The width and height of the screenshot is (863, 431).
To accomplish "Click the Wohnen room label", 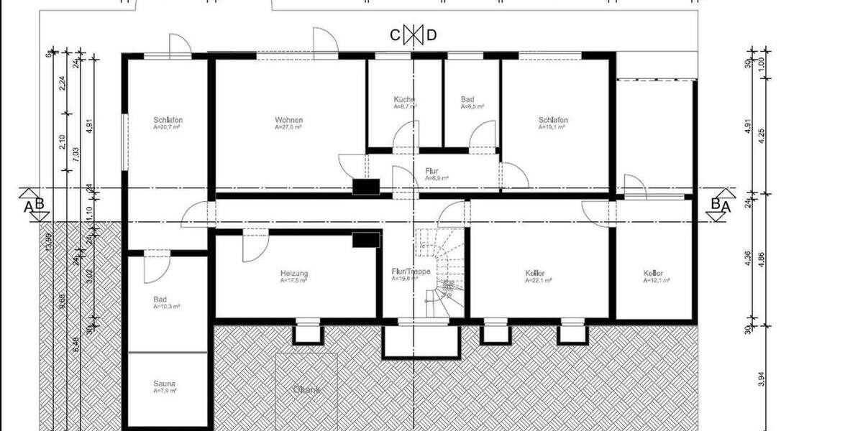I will click(x=288, y=120).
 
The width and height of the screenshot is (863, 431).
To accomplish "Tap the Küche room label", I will click(x=403, y=99).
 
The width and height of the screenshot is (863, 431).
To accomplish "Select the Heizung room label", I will click(x=294, y=274).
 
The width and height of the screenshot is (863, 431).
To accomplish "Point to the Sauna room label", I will click(x=165, y=384).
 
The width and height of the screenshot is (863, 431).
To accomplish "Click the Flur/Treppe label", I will click(x=411, y=272).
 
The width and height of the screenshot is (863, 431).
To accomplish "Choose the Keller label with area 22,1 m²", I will click(x=535, y=274).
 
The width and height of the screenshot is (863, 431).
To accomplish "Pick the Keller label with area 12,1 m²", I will click(x=653, y=274).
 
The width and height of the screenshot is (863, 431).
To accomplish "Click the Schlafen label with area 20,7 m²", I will click(x=168, y=120).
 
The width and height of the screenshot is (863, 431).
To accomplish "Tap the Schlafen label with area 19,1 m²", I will click(x=553, y=120).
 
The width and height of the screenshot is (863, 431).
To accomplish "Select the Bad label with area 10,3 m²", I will click(x=160, y=299).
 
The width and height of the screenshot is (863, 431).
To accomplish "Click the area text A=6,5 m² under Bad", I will click(x=472, y=106).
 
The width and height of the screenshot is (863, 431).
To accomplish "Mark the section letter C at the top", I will click(x=395, y=34).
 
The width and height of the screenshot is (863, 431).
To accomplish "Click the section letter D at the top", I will click(x=431, y=34).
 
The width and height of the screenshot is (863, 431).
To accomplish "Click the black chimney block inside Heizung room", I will click(x=366, y=240).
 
